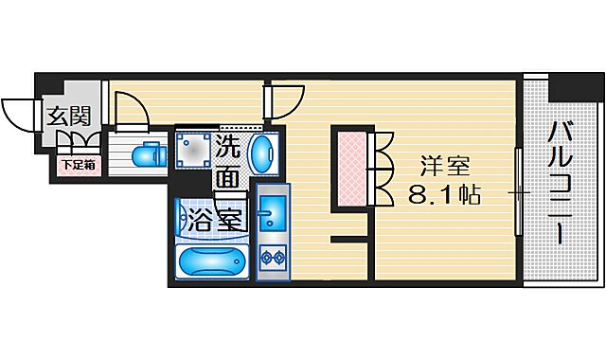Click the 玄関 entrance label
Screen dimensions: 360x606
click(69, 117)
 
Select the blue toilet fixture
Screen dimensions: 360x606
click(144, 153)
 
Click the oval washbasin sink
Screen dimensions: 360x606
click(264, 151)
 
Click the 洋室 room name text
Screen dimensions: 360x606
click(445, 167)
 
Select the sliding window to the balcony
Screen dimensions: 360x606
click(517, 193)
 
